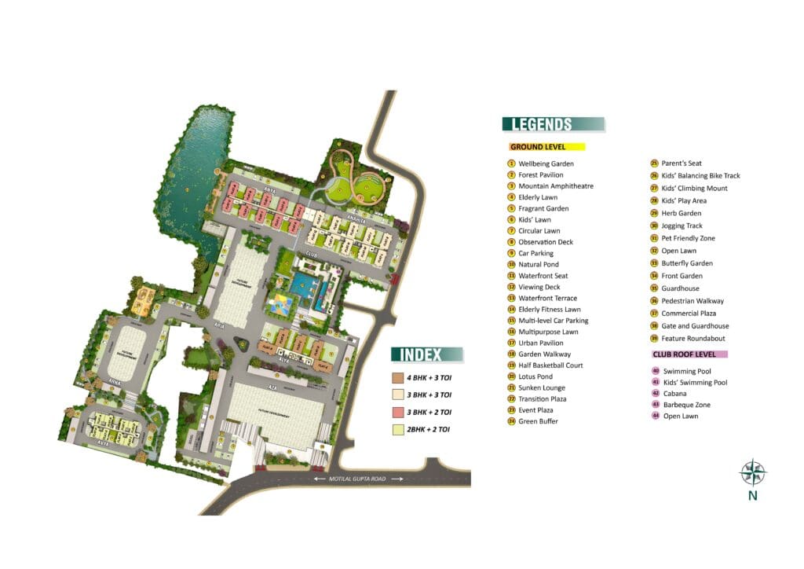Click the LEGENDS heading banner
pos(553,123)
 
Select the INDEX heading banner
pos(427,354)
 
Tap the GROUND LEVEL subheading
pos(546,147)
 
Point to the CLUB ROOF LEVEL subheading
pos(689,354)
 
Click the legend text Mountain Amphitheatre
pos(555,186)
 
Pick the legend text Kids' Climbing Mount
pos(694,189)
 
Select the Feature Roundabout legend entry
pos(693,339)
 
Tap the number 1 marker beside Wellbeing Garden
pos(510,163)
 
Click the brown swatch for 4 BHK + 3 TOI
pos(398,378)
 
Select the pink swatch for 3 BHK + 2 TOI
pos(398,412)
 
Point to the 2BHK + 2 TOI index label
pos(429,429)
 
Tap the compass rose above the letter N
pos(753,473)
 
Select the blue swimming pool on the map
pos(301,288)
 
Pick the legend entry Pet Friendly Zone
pos(688,238)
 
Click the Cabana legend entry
pos(674,393)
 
